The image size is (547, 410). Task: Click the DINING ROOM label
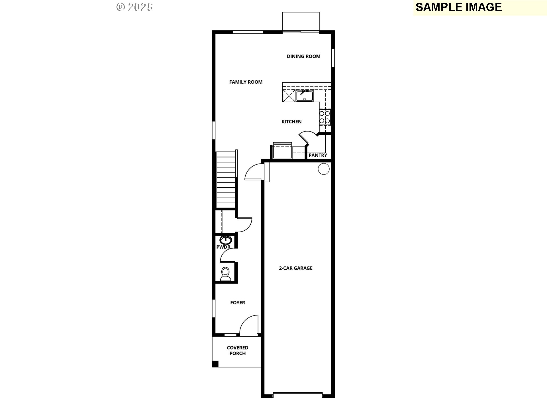coord(303,56)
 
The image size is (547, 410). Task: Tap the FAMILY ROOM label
coord(246,82)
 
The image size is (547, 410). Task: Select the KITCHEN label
coord(291,122)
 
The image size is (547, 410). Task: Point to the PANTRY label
coord(318,155)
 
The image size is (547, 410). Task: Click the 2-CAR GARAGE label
coord(296,268)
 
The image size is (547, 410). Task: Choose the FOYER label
coord(238,303)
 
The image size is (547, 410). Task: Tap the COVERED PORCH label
coord(238,350)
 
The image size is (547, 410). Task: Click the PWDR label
coord(223,247)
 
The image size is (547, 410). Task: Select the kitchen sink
coord(304,95)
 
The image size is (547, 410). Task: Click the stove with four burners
coord(325,117)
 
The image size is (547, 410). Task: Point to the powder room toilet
coord(225,274)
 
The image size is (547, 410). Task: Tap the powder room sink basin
coord(225,240)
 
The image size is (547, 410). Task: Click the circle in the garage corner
coord(324,169)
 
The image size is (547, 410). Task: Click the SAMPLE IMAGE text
coord(459,7)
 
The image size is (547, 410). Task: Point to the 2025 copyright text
coord(134,7)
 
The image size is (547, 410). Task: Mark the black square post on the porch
coord(215,364)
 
